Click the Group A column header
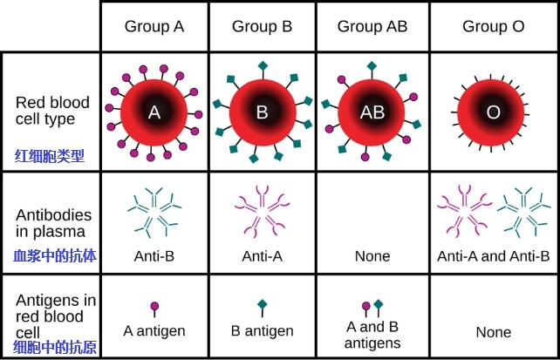[x=154, y=27]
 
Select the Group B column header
[x=262, y=27]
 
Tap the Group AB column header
[x=372, y=27]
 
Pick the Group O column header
[x=493, y=27]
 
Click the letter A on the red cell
[x=154, y=112]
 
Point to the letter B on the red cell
[x=262, y=112]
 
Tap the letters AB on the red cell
[x=372, y=112]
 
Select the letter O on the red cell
[x=493, y=112]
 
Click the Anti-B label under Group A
[x=154, y=256]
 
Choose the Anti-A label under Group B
[x=262, y=256]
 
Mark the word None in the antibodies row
[x=372, y=256]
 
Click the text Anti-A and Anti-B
[x=493, y=256]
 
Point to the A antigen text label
[x=154, y=331]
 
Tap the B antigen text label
[x=262, y=331]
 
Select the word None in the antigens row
[x=493, y=332]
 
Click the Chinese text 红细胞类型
[x=49, y=156]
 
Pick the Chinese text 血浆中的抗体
[x=54, y=256]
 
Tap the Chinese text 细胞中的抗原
[x=54, y=347]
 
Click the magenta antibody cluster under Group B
[x=262, y=212]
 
